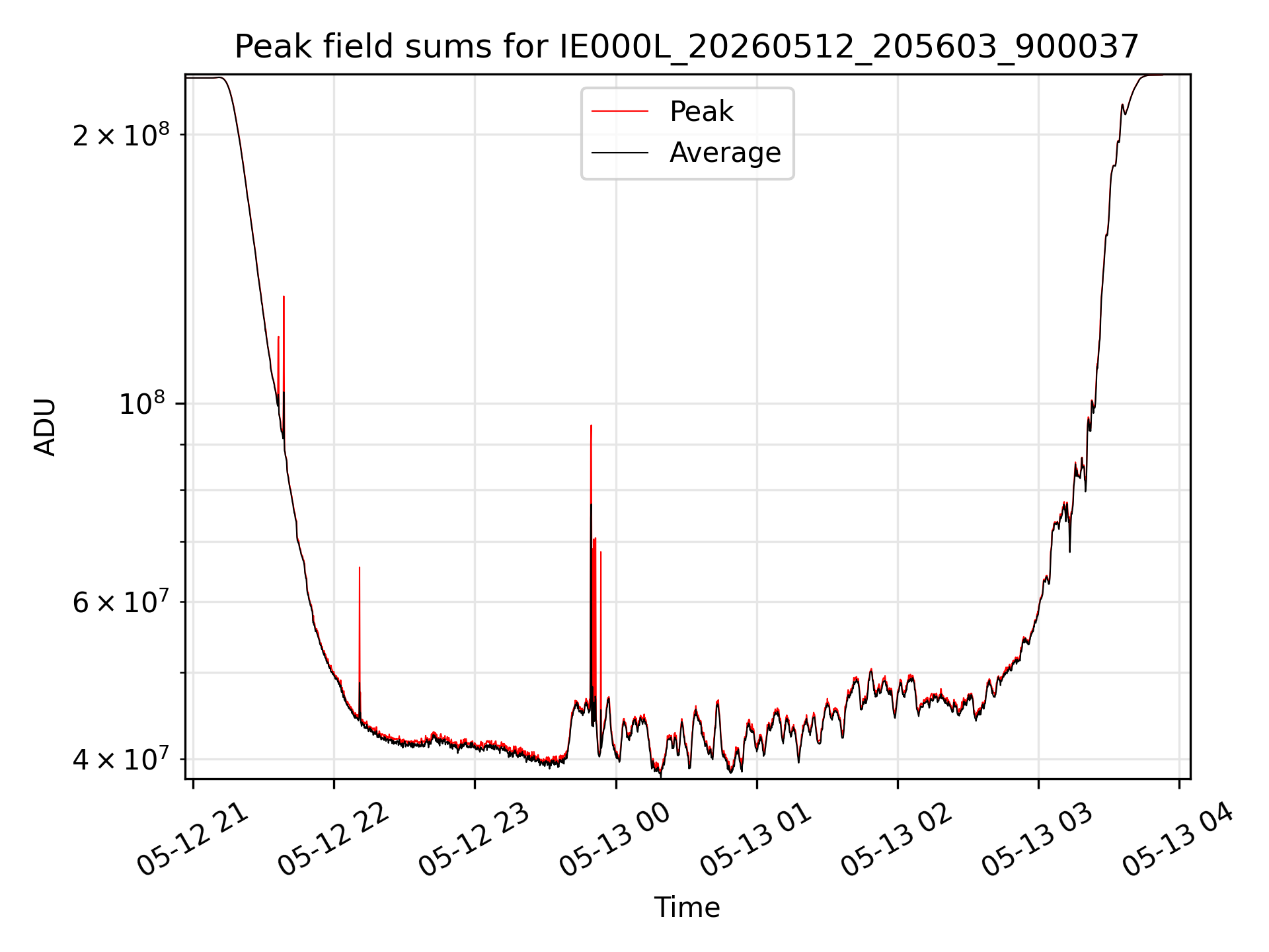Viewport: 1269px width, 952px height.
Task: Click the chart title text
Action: pyautogui.click(x=687, y=47)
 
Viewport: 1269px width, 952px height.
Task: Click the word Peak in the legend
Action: pyautogui.click(x=701, y=112)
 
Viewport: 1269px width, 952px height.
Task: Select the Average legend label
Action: pyautogui.click(x=725, y=153)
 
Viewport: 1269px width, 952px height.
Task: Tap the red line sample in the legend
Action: pyautogui.click(x=620, y=112)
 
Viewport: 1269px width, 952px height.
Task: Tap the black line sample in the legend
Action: pyautogui.click(x=620, y=153)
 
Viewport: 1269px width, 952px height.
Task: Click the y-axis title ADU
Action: pyautogui.click(x=45, y=426)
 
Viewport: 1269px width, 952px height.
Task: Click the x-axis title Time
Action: pyautogui.click(x=687, y=908)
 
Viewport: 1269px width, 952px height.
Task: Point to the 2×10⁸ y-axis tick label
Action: pyautogui.click(x=121, y=134)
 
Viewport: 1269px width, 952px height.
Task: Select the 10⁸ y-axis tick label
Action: pyautogui.click(x=144, y=403)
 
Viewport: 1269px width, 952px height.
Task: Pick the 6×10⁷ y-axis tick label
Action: pyautogui.click(x=121, y=602)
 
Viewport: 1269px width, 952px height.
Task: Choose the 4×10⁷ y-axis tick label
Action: pyautogui.click(x=121, y=759)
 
